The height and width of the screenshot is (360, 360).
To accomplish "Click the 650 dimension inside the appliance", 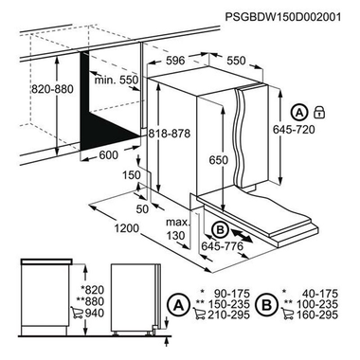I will pos(219,162).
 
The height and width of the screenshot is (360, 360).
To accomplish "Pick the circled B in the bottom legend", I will pos(269,304).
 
